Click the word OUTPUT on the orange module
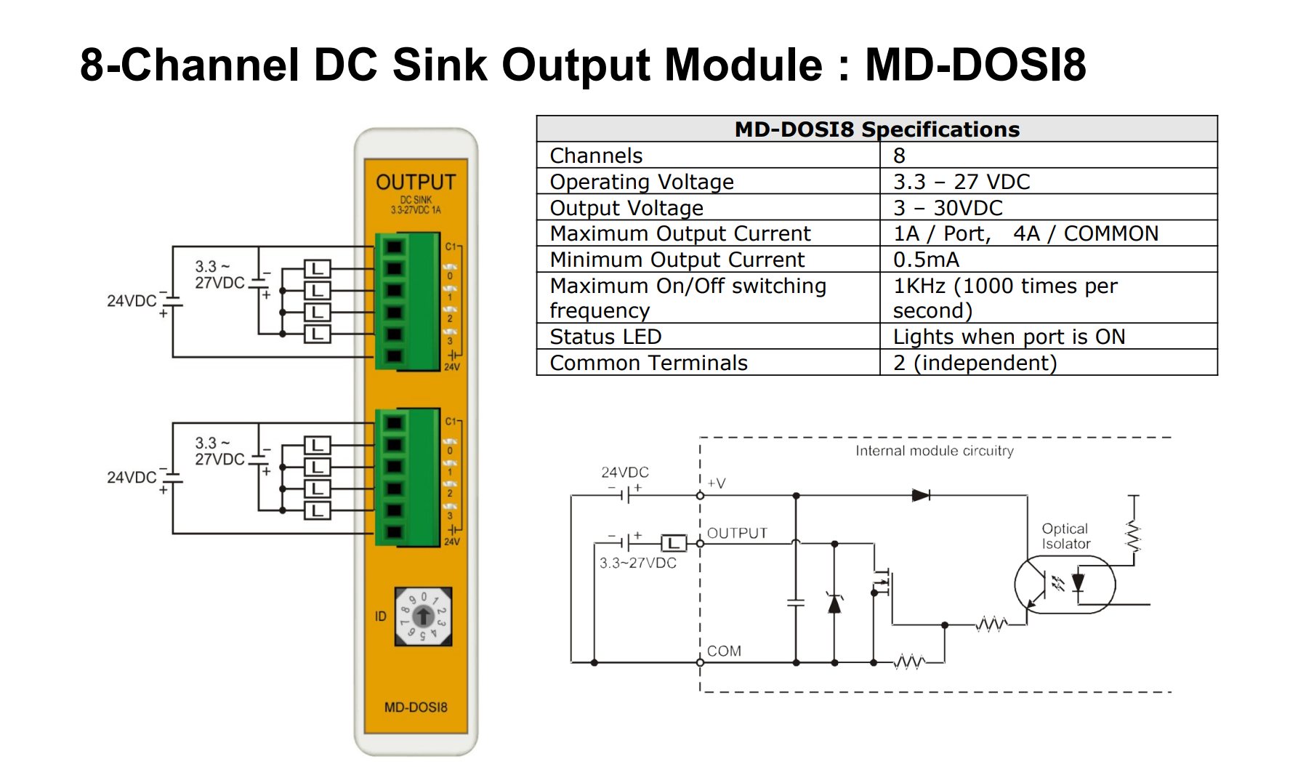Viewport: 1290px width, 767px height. point(416,182)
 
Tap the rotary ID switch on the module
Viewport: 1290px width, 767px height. point(423,617)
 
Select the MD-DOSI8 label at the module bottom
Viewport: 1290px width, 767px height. point(416,707)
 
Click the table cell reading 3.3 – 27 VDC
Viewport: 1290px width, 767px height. point(962,182)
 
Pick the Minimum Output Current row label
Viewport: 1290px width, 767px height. point(677,260)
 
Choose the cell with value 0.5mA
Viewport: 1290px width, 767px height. point(926,260)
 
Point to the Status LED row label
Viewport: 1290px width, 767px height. point(605,337)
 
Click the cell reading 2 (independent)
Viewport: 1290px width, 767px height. point(975,363)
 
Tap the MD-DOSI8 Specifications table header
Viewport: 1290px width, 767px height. point(876,129)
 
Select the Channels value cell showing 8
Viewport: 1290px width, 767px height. point(900,156)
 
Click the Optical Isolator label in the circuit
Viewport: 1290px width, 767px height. point(1065,537)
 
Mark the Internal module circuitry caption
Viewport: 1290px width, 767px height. point(934,451)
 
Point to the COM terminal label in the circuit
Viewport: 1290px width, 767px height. point(724,651)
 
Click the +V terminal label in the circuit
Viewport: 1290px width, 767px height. point(716,483)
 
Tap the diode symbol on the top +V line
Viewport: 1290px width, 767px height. point(921,496)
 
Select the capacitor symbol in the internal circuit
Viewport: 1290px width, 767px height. point(797,602)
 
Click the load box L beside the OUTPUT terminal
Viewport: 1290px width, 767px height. point(674,543)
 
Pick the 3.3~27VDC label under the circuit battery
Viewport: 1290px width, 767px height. point(637,563)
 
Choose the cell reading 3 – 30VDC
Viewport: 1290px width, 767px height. point(948,208)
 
